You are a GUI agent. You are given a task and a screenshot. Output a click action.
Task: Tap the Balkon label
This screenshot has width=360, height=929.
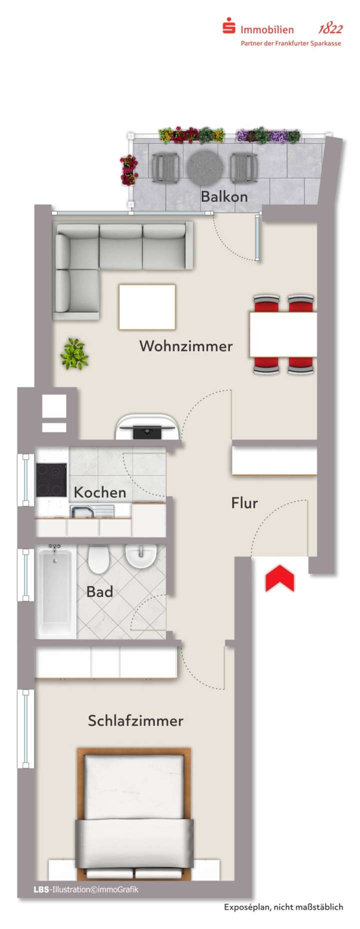click(224, 196)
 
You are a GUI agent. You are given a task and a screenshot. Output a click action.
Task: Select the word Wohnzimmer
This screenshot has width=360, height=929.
click(186, 345)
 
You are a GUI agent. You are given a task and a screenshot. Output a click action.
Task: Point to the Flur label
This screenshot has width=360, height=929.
click(244, 502)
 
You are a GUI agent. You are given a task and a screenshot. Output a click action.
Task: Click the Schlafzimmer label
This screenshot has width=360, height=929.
click(135, 720)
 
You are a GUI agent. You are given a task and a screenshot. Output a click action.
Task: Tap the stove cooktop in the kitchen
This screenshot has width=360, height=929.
click(51, 479)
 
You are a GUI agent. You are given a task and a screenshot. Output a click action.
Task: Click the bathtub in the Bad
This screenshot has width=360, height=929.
click(55, 591)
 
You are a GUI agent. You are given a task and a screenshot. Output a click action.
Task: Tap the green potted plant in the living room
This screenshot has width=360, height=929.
click(74, 354)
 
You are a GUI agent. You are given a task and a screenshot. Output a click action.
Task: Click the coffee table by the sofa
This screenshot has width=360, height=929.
click(147, 306)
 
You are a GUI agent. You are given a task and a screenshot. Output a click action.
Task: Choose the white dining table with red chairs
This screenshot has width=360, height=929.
click(283, 334)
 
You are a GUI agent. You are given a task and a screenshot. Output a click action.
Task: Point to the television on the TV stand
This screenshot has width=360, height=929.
click(147, 431)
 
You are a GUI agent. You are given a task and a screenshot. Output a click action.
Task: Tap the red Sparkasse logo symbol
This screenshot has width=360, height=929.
click(229, 25)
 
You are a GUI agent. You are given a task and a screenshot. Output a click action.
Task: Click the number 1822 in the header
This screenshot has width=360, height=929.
click(330, 29)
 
